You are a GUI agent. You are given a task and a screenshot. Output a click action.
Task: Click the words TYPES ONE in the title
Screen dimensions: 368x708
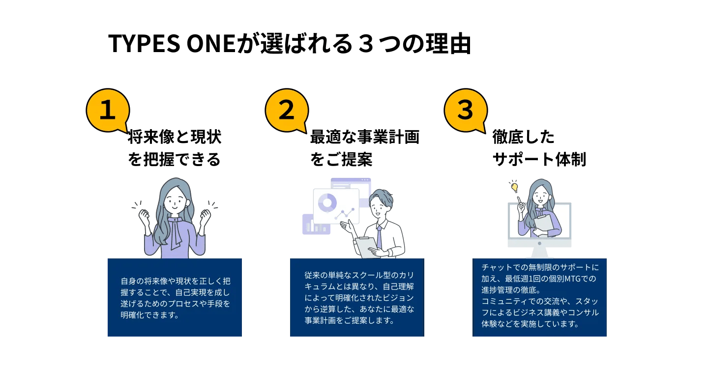170,44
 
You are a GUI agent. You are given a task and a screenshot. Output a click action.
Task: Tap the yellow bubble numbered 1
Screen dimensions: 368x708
107,110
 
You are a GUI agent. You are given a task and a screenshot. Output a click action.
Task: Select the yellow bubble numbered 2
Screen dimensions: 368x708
286,110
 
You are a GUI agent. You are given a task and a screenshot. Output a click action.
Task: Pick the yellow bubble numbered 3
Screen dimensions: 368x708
465,110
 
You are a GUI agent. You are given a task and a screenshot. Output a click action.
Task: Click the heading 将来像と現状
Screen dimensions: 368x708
175,137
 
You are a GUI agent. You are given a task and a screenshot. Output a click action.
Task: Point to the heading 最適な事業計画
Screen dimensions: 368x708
364,137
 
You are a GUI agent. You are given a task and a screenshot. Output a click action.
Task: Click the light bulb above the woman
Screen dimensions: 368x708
514,187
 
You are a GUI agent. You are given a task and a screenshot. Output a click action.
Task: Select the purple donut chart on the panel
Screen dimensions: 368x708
327,202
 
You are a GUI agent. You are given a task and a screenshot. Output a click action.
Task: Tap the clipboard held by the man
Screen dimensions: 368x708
366,246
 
